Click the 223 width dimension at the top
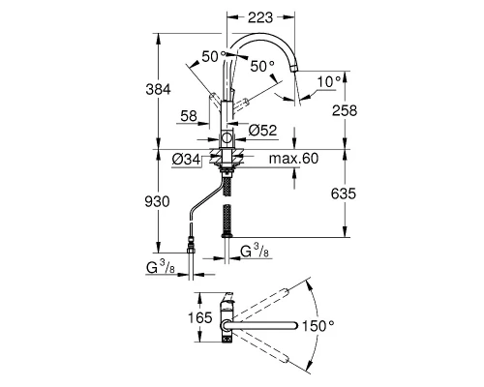(x=260, y=17)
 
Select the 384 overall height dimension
(x=158, y=89)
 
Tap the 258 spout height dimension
(x=345, y=110)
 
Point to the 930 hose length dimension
(x=157, y=202)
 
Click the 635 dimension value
(x=344, y=193)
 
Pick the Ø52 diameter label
(x=263, y=131)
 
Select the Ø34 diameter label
(x=186, y=159)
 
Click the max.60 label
(x=293, y=159)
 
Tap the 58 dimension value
(x=189, y=116)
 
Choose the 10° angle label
(x=329, y=81)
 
